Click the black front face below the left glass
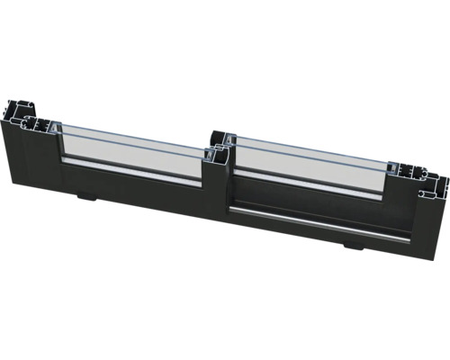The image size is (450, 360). pos(135,193)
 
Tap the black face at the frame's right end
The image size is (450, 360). pos(423,225)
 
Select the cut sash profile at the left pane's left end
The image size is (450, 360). pos(45,126)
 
